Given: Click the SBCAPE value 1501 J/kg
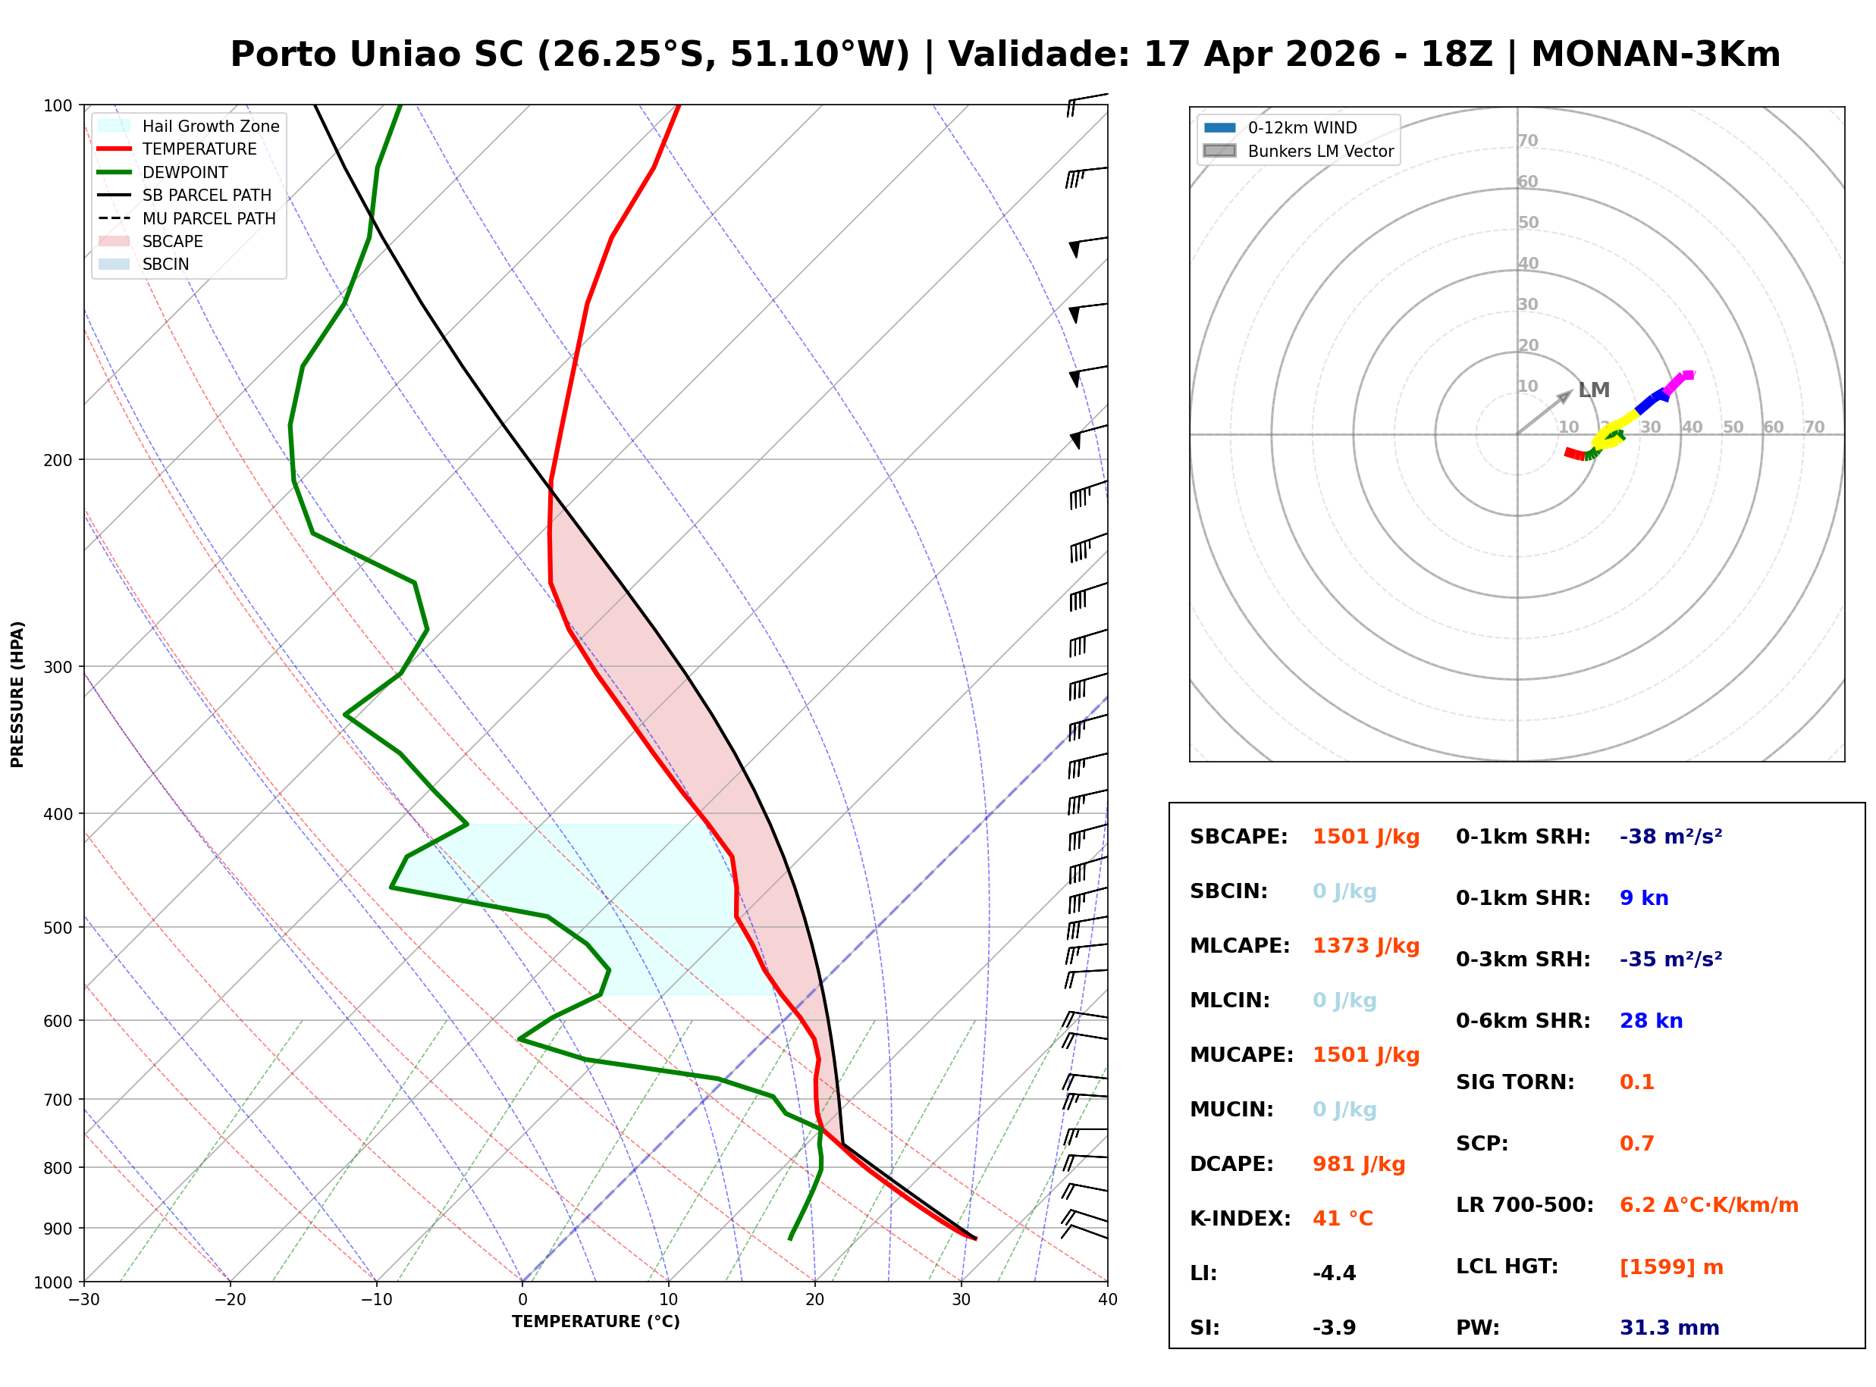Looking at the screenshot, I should (1366, 837).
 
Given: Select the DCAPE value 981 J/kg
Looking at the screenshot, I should (1359, 1164).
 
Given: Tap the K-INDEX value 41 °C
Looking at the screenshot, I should (1343, 1219).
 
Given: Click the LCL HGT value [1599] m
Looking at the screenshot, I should (1671, 1267).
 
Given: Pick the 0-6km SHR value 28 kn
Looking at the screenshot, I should (1651, 1021).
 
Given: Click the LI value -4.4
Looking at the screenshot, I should (1335, 1273).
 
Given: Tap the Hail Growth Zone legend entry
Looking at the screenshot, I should (210, 126).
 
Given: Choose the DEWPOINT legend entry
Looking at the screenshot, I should (185, 172).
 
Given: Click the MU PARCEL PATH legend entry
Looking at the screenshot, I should (209, 218).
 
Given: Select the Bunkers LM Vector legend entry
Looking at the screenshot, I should (1320, 151).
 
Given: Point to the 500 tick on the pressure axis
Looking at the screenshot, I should (58, 928).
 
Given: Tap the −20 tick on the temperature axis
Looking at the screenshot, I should (229, 1300).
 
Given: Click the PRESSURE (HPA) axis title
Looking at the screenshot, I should (17, 694).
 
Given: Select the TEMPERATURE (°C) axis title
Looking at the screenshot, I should (595, 1322).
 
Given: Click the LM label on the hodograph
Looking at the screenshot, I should (1593, 390).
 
